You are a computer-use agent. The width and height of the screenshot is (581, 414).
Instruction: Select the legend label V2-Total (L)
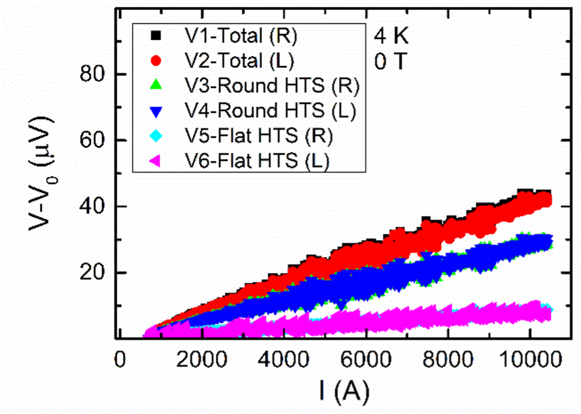tap(240, 61)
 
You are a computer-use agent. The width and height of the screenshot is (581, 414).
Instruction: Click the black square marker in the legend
tap(155, 36)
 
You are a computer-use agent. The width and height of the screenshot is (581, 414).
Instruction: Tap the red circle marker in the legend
tap(155, 61)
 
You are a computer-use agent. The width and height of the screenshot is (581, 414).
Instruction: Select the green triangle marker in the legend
tap(155, 85)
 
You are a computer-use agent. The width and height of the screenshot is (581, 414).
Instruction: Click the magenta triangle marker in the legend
tap(155, 160)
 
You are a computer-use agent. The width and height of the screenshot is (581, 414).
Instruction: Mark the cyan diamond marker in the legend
tap(155, 135)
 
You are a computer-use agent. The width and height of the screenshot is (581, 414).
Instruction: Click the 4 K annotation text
tap(391, 36)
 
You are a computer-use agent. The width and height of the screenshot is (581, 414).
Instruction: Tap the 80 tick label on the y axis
tap(92, 75)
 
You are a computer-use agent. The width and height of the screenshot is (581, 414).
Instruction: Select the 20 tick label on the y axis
tap(92, 273)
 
